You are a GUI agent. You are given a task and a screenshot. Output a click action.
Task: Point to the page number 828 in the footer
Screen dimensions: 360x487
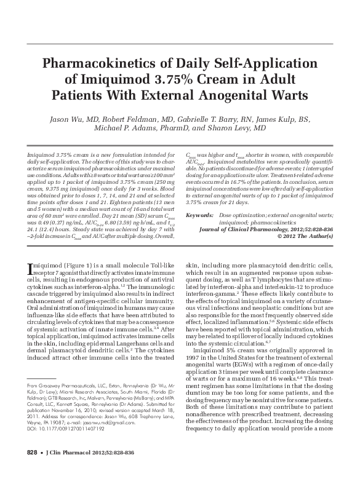click(x=32, y=469)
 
